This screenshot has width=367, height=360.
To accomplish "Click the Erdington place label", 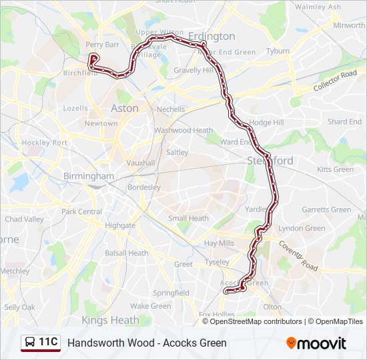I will click(212, 36).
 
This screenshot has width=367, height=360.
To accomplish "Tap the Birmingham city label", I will click(89, 176).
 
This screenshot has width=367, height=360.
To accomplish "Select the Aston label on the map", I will click(125, 108).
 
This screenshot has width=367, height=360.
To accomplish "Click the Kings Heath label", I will click(110, 320).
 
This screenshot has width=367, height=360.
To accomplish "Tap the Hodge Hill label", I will click(266, 123).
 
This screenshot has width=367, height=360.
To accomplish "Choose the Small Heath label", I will click(188, 218).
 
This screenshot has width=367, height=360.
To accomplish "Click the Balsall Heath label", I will click(127, 253).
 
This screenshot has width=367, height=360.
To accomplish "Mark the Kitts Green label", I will click(335, 169).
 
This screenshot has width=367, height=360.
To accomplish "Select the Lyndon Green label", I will click(302, 228).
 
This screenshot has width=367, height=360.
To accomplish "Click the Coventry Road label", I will click(298, 255).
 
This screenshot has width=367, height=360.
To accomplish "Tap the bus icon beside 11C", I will click(29, 343).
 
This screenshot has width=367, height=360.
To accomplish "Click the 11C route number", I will click(48, 342).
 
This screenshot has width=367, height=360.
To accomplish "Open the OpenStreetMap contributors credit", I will click(256, 321).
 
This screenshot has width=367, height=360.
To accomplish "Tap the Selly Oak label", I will click(19, 307).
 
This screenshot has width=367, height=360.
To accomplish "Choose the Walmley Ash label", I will click(318, 7).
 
